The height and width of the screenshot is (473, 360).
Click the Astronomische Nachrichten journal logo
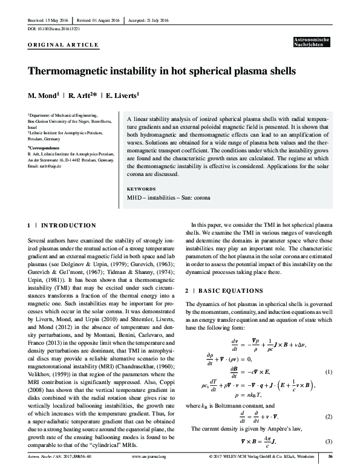coord(311,42)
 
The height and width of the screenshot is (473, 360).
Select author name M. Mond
coord(42,96)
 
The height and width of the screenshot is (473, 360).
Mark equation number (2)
coord(329,417)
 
